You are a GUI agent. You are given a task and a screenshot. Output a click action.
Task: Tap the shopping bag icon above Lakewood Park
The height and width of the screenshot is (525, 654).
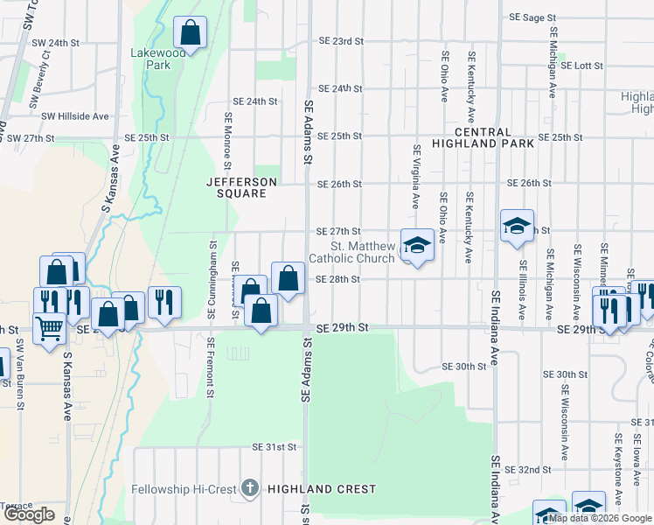coord(190,33)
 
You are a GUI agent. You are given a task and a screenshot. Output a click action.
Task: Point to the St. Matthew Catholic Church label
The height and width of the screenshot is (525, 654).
coord(352,252)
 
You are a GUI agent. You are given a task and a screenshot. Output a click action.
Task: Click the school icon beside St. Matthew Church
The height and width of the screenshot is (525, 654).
coord(417,245)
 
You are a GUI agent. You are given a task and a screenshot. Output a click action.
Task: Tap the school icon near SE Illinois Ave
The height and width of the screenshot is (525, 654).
coord(517,226)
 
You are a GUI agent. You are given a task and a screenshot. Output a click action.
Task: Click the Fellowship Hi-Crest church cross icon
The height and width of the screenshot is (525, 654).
coord(250,488)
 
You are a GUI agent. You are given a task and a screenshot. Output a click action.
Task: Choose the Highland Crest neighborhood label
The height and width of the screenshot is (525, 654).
coord(321,489)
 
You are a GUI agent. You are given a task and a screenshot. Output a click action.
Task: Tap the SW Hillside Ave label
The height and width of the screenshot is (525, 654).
coord(75,115)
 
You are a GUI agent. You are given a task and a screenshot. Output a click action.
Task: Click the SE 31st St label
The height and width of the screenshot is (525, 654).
coord(275,446)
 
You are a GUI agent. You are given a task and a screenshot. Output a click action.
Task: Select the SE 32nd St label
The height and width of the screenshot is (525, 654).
coord(528,470)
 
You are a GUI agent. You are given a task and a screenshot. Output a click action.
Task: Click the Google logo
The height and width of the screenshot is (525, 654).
coord(30,515)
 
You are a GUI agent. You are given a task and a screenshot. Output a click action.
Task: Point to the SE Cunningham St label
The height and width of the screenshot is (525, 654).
coord(212,267)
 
